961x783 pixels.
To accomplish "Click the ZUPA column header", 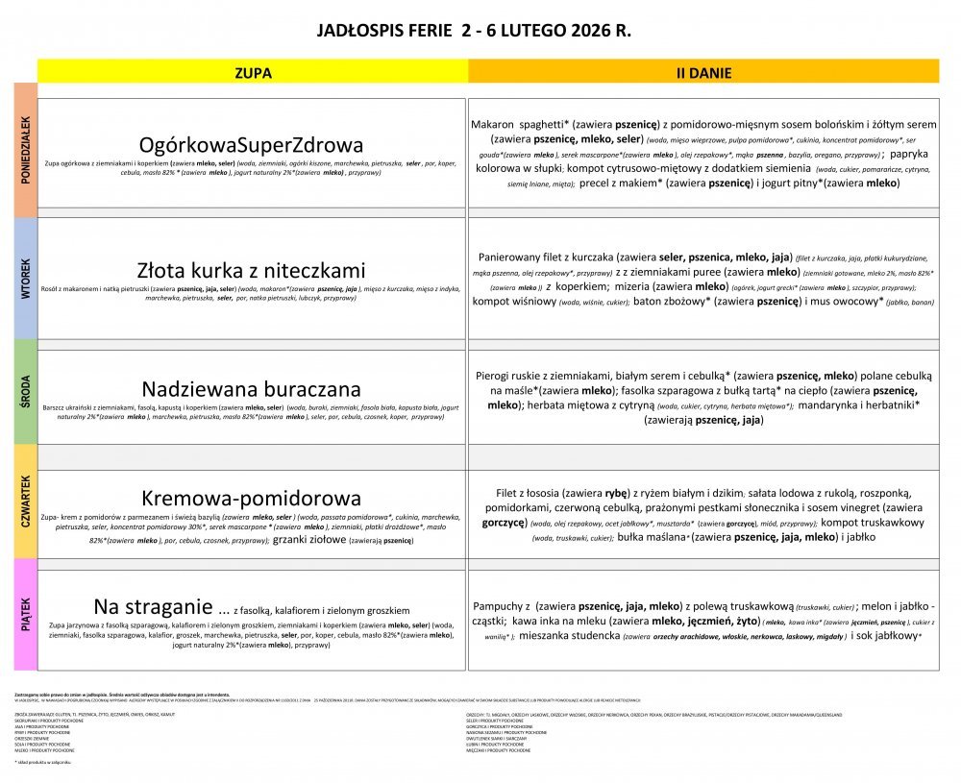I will click(x=253, y=72).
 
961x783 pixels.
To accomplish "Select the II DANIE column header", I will click(x=703, y=72).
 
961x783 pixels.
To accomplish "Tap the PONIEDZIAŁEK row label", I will click(x=25, y=150).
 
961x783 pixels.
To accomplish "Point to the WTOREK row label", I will click(x=25, y=279).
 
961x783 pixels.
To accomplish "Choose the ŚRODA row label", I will click(x=25, y=393).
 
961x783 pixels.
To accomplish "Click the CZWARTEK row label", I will click(x=25, y=502).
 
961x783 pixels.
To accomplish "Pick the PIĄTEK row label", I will click(x=25, y=614).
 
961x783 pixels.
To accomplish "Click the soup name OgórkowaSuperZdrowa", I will click(x=252, y=145).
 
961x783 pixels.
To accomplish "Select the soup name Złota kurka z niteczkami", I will click(x=252, y=270).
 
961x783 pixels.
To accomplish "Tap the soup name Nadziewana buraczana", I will click(x=252, y=389).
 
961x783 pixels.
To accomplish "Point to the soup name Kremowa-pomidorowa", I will click(x=252, y=498).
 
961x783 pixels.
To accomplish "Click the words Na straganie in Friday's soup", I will click(x=152, y=607).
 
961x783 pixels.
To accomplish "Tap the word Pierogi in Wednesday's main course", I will click(x=497, y=377).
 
